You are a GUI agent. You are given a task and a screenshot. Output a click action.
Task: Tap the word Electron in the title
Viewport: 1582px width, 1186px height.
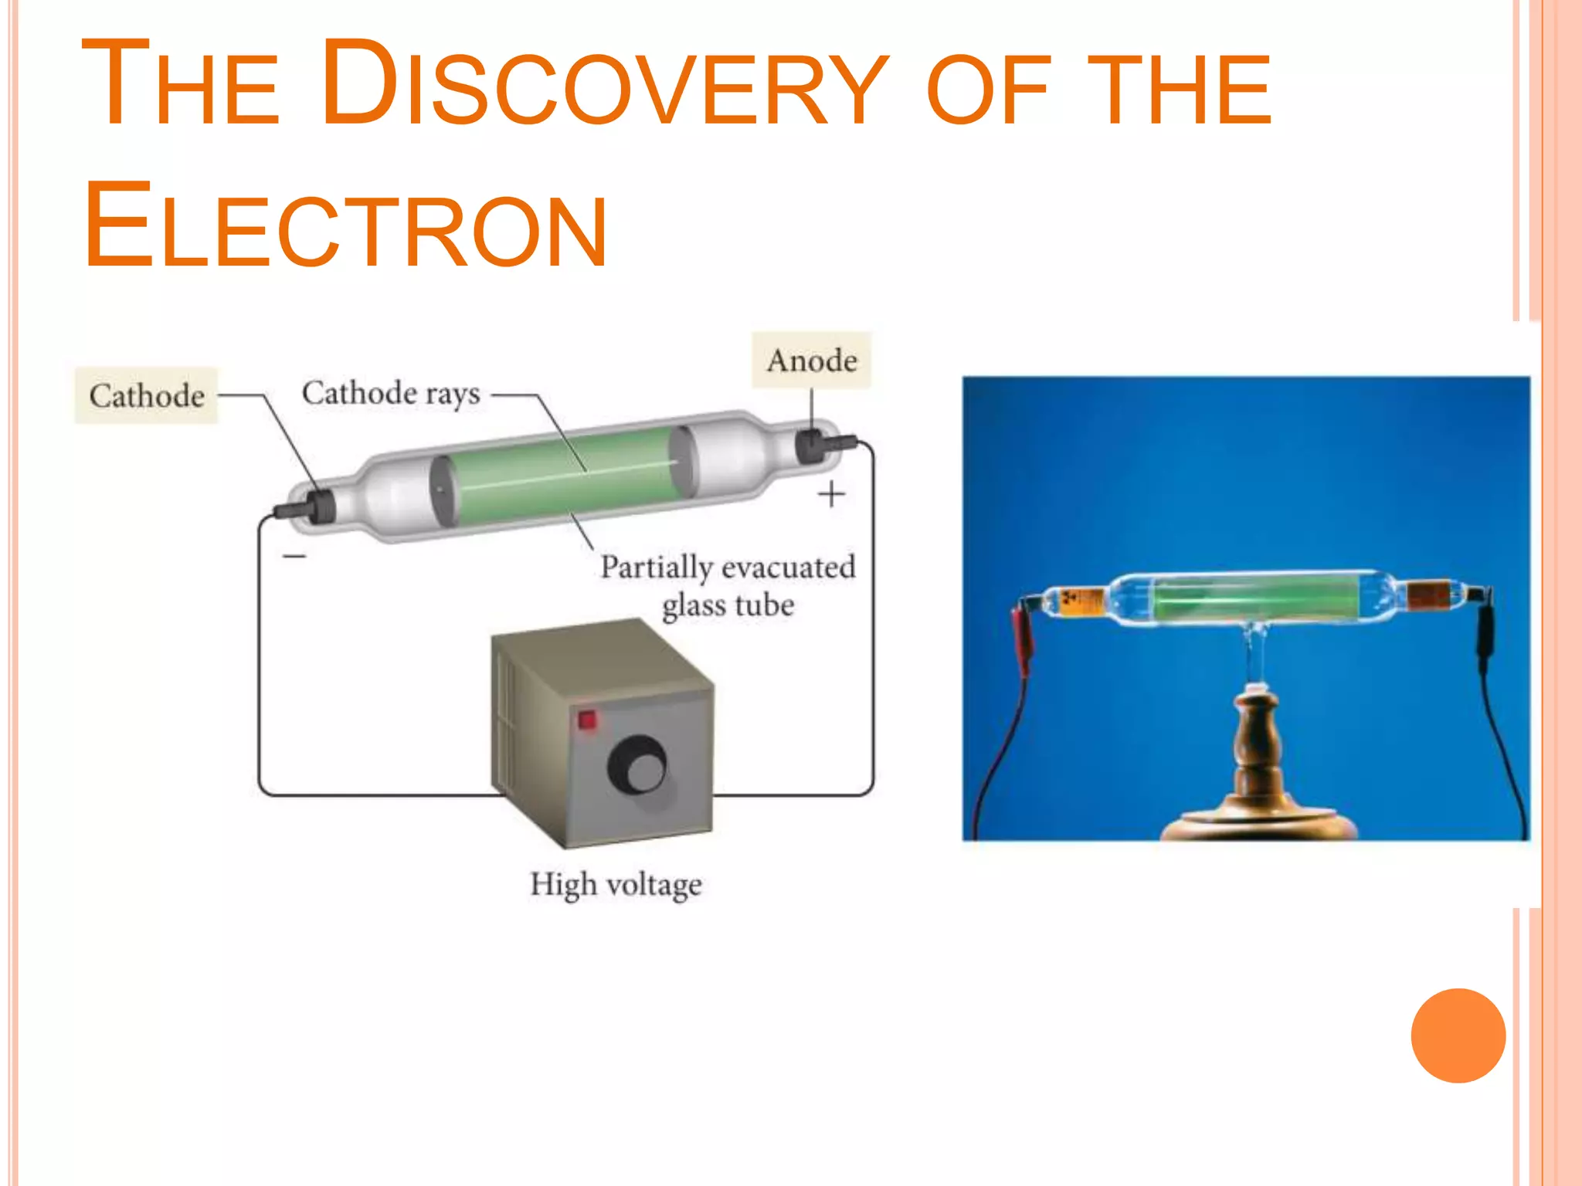345,225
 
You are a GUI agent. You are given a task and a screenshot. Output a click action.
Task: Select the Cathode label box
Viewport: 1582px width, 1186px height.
147,395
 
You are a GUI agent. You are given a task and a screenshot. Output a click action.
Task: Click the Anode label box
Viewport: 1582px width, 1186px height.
812,361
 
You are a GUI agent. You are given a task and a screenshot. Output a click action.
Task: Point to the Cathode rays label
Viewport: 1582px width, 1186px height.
391,394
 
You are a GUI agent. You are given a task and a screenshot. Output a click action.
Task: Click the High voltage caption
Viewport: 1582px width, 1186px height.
616,884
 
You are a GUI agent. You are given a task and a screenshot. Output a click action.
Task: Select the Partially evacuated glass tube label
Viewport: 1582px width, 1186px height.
728,586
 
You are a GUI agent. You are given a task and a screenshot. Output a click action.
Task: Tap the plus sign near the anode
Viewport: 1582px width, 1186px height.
832,494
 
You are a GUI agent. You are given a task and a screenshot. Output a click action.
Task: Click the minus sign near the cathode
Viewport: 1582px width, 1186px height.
294,556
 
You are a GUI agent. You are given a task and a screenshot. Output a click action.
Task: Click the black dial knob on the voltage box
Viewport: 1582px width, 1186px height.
637,765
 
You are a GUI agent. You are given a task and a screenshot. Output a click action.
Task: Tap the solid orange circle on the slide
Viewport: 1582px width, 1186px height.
1458,1035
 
